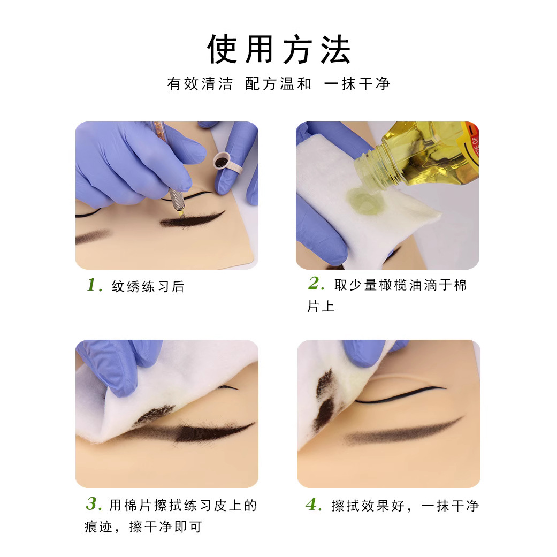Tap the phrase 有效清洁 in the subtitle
click(x=200, y=84)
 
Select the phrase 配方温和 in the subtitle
click(x=278, y=84)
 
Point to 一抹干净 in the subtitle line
click(x=357, y=84)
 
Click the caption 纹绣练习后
click(x=148, y=287)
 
